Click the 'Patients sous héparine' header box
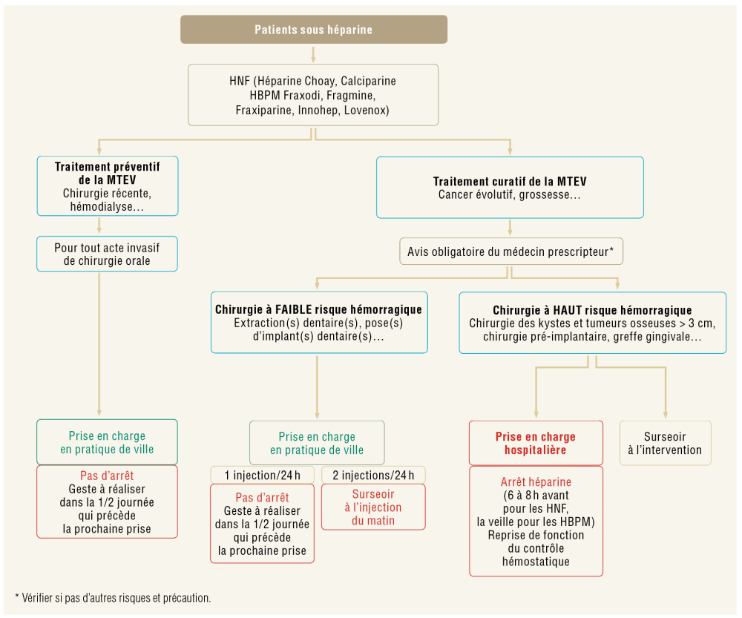313,30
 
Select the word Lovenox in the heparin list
365,111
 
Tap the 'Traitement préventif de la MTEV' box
108,185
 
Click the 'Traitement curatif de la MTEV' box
510,188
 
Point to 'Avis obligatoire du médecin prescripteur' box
510,252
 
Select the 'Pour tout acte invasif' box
108,254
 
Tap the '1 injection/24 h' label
262,475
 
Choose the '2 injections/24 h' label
373,475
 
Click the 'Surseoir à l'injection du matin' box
373,507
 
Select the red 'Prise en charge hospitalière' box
535,443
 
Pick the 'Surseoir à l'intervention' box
665,443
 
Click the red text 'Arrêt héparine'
536,482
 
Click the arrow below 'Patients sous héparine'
313,53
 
